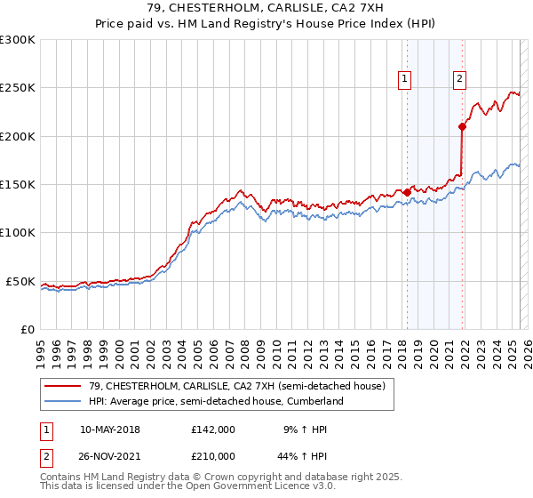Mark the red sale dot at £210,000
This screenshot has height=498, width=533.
click(x=462, y=126)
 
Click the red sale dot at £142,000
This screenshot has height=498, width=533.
click(x=407, y=192)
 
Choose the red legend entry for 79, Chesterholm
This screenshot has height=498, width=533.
click(x=236, y=387)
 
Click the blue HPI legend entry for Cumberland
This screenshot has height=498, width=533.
click(x=215, y=401)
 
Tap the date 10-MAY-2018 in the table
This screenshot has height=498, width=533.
click(x=109, y=429)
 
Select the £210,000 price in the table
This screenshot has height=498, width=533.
click(x=213, y=455)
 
